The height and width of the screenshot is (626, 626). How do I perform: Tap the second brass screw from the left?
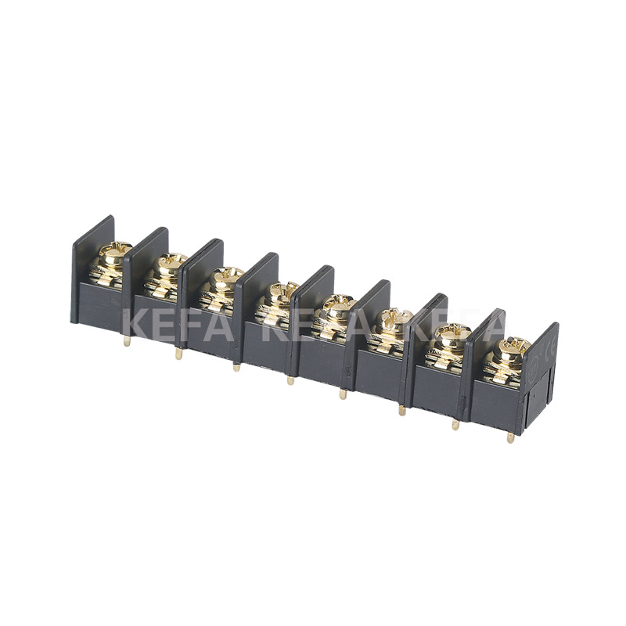click(171, 263)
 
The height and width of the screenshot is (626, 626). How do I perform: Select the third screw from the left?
click(228, 276)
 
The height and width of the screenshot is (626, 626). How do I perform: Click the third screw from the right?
click(395, 317)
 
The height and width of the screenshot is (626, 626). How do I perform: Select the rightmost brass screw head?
click(513, 345)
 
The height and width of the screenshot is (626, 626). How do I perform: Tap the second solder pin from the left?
click(179, 354)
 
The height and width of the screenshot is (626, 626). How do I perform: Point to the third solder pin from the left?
click(236, 366)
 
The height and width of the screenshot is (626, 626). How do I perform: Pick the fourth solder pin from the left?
click(290, 380)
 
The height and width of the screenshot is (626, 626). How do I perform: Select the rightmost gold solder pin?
click(510, 437)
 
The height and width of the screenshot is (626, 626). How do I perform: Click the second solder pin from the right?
click(455, 425)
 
